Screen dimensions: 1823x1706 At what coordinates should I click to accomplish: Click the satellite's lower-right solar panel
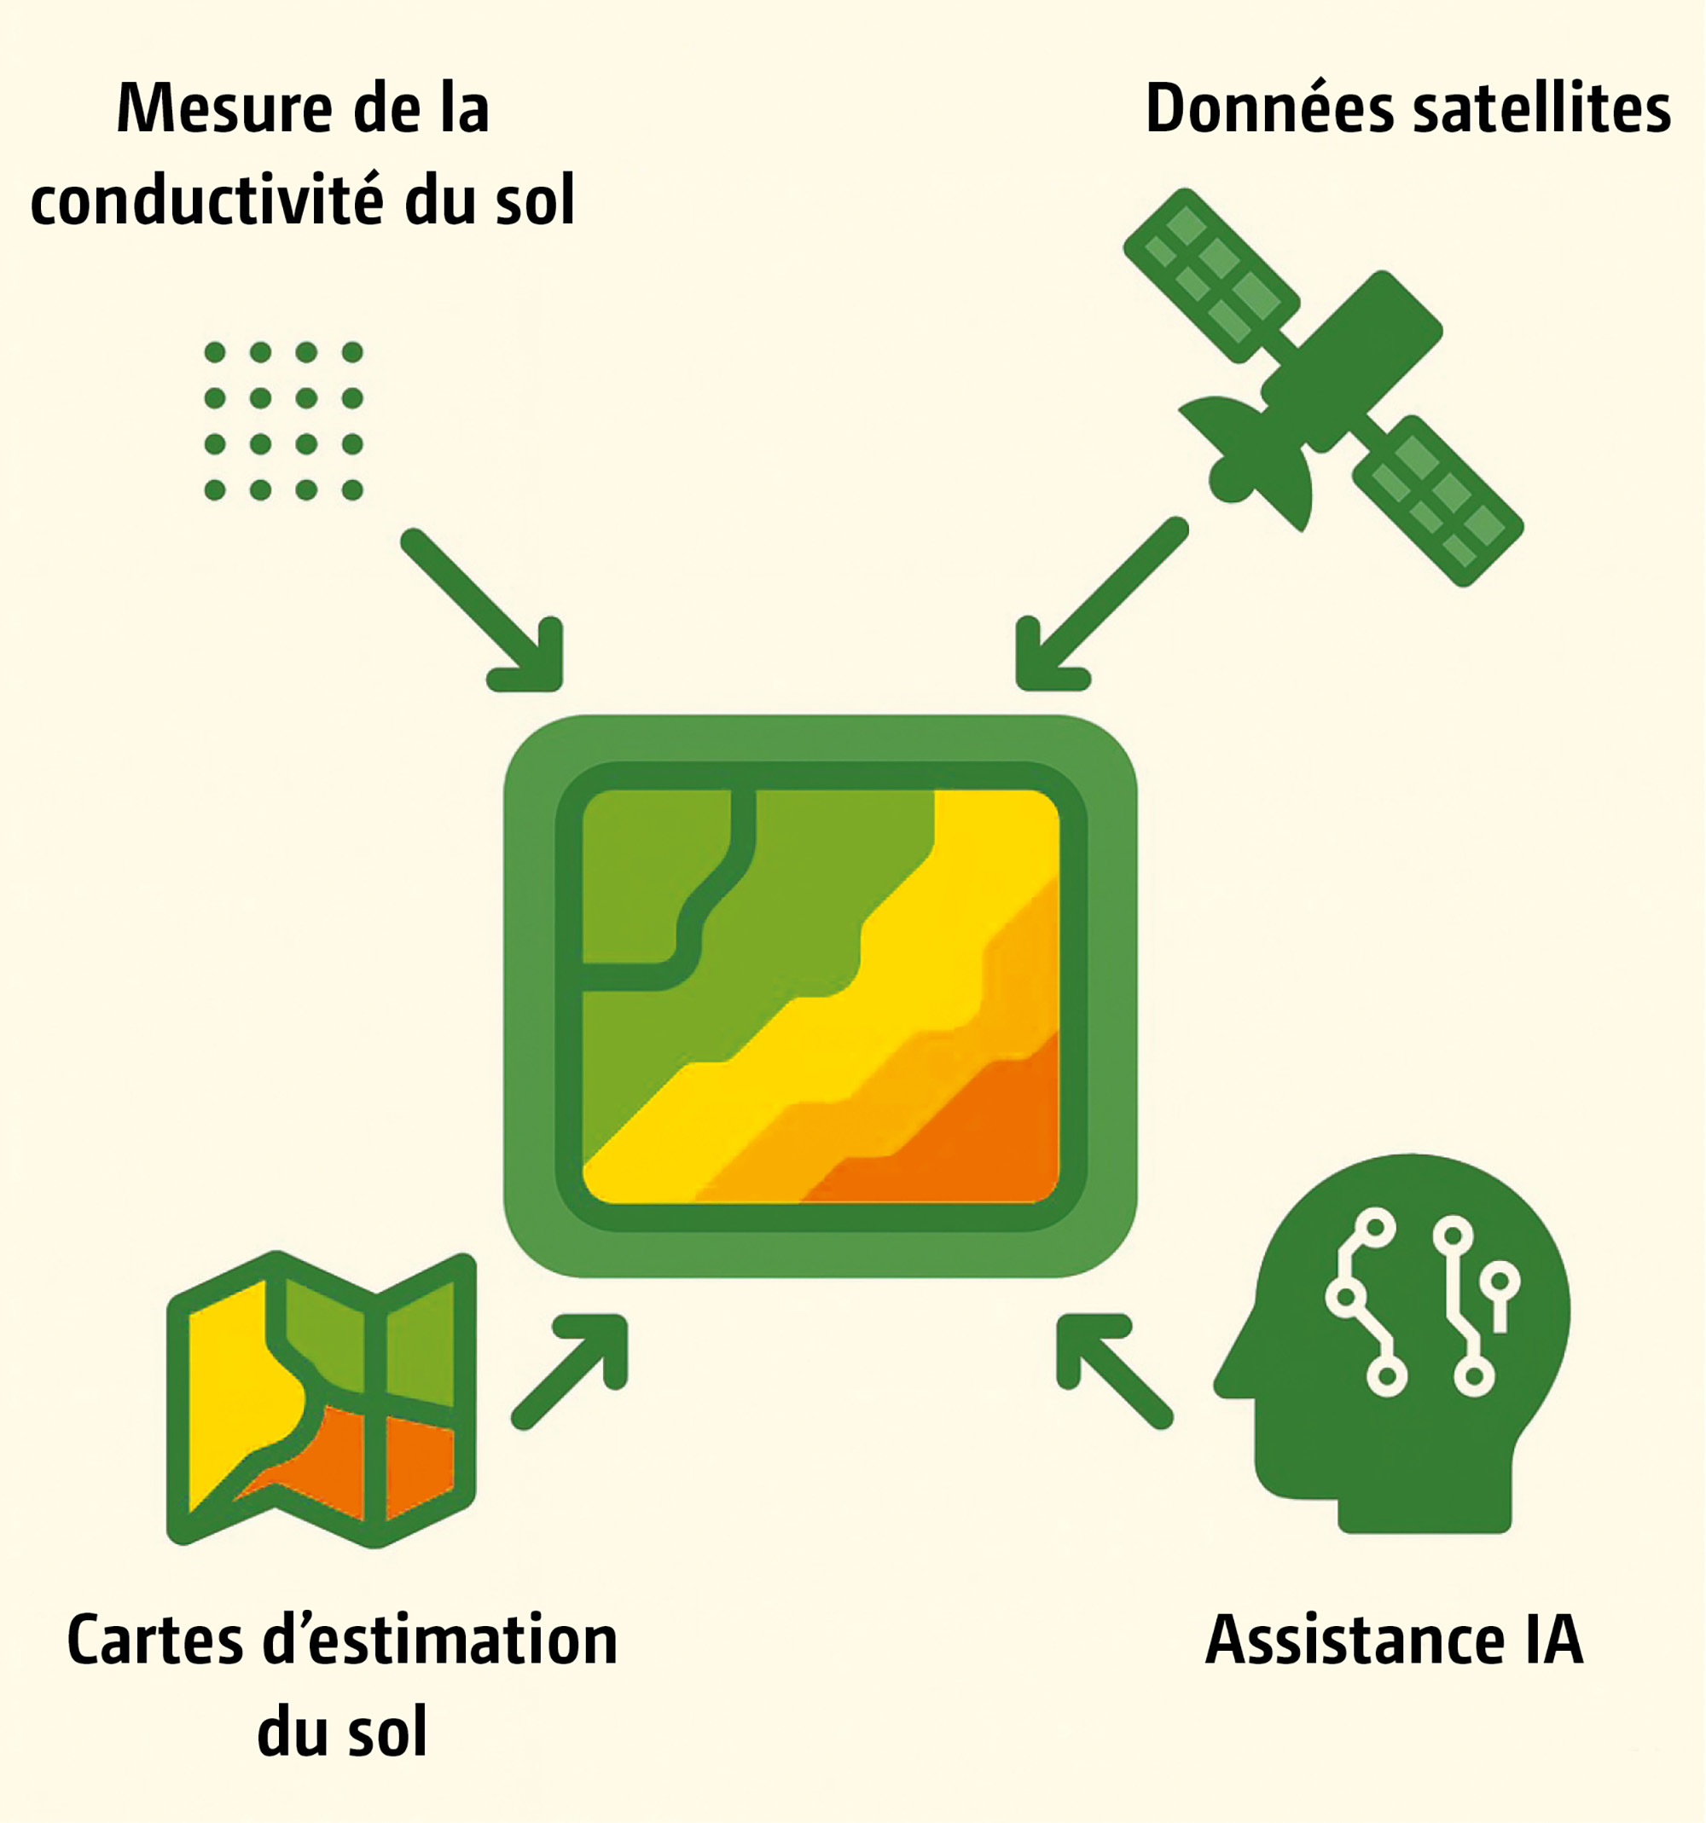[x=1436, y=499]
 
